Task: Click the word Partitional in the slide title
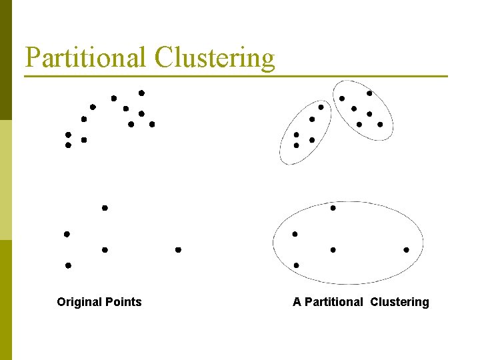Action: (86, 57)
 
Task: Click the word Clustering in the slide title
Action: (214, 59)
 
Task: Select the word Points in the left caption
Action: (122, 302)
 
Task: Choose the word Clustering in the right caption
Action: (399, 302)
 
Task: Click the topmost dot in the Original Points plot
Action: (141, 93)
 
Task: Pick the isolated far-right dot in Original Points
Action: (178, 250)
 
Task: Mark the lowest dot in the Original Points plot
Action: (68, 265)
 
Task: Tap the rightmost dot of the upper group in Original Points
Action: (152, 124)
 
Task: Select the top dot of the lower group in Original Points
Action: (105, 208)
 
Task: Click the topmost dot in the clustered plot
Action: (369, 93)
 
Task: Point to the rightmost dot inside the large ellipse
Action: (406, 250)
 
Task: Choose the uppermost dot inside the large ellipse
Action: (333, 208)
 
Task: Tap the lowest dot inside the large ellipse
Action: (296, 265)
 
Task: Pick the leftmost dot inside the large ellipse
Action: (295, 234)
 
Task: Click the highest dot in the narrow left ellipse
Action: (321, 107)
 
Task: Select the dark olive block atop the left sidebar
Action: (6, 60)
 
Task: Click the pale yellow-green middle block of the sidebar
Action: (6, 180)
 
